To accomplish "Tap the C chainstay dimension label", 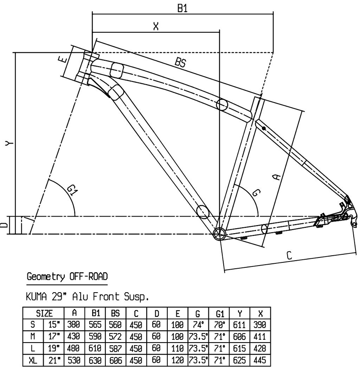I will (289, 255).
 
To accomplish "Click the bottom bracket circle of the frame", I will (219, 234).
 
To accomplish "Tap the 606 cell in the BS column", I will (115, 360).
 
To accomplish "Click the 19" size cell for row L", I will (54, 348).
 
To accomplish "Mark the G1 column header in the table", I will (220, 313).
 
